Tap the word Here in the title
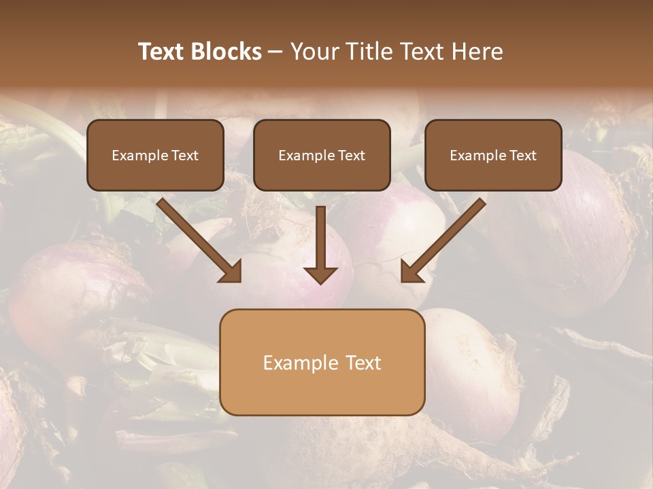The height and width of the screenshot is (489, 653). [474, 52]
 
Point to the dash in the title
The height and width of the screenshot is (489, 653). [275, 52]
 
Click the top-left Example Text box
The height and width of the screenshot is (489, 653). [155, 156]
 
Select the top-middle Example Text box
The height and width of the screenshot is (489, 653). [322, 156]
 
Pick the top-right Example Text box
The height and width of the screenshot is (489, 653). [493, 156]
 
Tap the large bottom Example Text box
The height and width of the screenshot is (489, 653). [322, 362]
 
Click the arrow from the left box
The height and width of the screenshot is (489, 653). [197, 238]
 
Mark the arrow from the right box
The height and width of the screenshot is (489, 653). [445, 238]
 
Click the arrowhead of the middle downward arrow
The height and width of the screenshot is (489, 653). [320, 274]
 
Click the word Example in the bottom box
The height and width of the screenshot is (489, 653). [300, 363]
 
